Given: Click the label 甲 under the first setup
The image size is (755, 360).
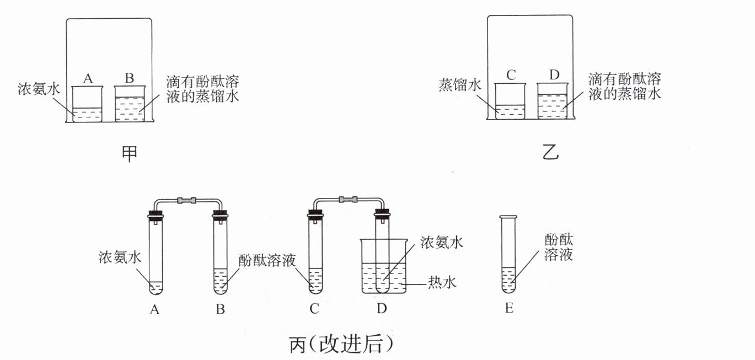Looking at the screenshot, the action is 130,154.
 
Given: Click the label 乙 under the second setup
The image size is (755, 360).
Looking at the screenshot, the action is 550,152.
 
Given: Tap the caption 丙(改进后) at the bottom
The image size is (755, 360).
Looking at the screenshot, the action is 341,344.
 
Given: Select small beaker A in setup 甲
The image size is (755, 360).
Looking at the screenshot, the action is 87,104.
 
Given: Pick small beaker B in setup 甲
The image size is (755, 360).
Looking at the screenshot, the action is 130,104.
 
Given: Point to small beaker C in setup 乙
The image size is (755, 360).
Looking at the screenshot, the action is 510,101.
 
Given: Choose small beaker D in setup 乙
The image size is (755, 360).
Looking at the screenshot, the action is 553,101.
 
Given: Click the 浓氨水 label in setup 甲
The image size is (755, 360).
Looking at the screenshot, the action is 39,89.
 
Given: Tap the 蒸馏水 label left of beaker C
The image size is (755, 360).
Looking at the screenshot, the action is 460,85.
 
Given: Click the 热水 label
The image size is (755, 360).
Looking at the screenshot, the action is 442,282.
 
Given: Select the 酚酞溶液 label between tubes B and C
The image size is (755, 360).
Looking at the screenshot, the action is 267,260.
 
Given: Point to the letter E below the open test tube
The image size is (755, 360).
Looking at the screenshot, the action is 509,308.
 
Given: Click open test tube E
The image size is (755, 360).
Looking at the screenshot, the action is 508,255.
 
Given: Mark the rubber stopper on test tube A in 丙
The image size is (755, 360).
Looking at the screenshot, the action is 156,214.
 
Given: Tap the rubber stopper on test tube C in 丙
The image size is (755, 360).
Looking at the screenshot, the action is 315,213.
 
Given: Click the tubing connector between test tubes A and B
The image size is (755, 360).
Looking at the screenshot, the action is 187,201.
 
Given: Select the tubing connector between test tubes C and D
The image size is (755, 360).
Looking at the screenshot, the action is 347,200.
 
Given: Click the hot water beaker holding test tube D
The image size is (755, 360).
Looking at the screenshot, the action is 384,266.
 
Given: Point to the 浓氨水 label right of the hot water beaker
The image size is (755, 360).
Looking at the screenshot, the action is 442,243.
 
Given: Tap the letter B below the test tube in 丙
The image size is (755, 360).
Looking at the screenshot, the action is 221,309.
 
